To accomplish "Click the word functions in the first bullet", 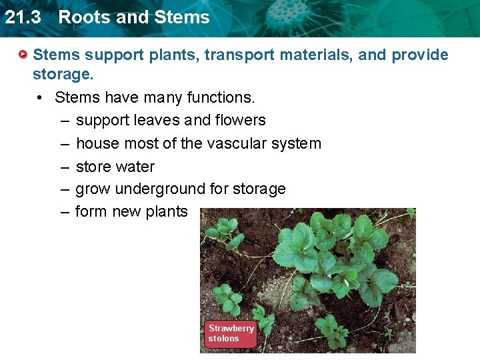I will point(220,97).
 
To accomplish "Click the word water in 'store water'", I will point(135,167).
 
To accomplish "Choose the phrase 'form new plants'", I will point(131,212).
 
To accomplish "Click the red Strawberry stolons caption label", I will point(230,333).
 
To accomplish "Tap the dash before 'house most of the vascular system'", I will point(63,144).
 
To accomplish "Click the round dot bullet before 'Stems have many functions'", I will point(41,98).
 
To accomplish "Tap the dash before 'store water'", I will point(63,167).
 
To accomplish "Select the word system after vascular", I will point(297,144).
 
